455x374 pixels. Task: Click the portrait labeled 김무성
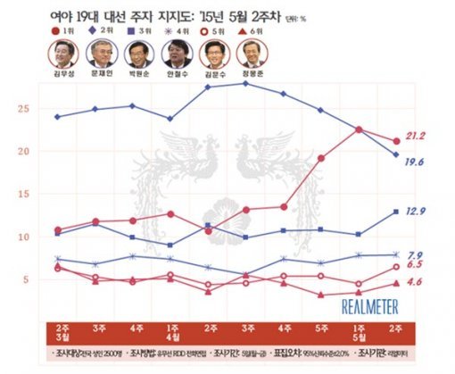(x=63, y=55)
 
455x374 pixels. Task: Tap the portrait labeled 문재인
(x=101, y=55)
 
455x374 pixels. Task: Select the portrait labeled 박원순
(x=138, y=55)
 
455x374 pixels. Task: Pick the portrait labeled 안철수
(x=176, y=55)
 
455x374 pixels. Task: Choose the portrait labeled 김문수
(x=213, y=55)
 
